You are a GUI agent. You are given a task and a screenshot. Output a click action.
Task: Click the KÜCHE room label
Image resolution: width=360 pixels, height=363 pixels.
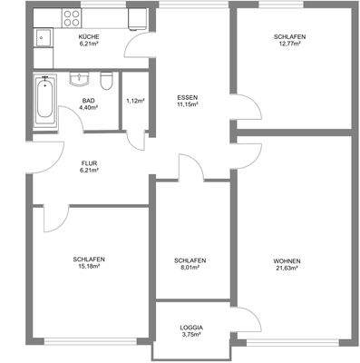click(x=88, y=36)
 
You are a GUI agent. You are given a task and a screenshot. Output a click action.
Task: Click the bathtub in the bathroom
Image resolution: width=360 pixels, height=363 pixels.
click(x=44, y=101)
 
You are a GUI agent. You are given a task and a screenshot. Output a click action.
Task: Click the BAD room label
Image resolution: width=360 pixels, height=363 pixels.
click(x=88, y=101)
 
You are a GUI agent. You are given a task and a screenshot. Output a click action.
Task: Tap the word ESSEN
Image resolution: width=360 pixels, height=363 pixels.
click(x=188, y=96)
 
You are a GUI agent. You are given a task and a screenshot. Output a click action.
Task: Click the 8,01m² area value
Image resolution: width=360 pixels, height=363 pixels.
click(x=190, y=267)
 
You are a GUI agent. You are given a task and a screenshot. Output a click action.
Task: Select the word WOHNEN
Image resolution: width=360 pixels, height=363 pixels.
click(x=287, y=260)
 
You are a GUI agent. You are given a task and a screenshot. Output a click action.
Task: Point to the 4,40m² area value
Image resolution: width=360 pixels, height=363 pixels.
click(x=88, y=108)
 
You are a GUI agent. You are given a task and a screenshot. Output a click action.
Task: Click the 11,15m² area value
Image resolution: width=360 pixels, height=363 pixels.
click(x=188, y=103)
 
